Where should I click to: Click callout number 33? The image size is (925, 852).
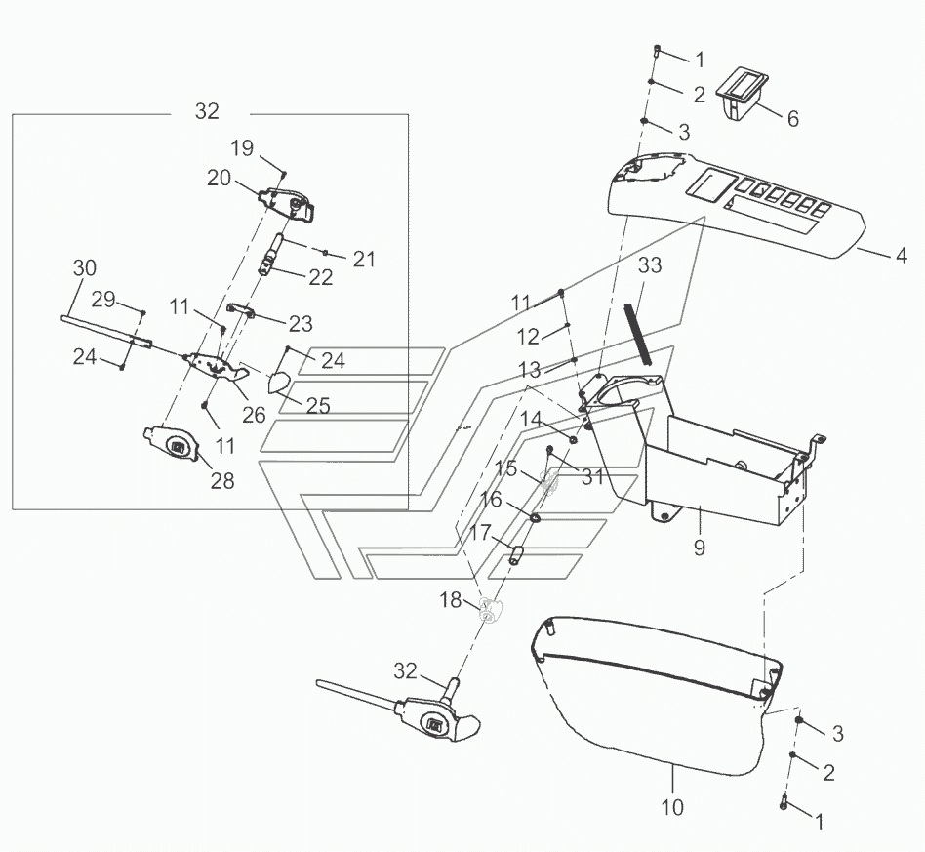[x=650, y=265]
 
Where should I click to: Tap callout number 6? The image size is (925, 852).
[x=793, y=119]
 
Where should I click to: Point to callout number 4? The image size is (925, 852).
[x=901, y=256]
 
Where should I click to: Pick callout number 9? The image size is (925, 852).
[x=699, y=548]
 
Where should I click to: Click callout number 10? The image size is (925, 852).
[x=672, y=806]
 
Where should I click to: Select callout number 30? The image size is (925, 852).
[x=84, y=267]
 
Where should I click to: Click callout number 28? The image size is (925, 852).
[x=222, y=481]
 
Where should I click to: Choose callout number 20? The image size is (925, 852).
[x=219, y=178]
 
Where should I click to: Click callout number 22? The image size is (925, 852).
[x=320, y=277]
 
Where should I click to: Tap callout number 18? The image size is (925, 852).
[x=451, y=600]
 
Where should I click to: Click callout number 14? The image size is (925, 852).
[x=531, y=420]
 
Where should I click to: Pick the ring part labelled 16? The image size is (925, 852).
[x=536, y=518]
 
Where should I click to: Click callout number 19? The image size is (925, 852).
[x=242, y=148]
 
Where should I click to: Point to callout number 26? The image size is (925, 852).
[x=254, y=415]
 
